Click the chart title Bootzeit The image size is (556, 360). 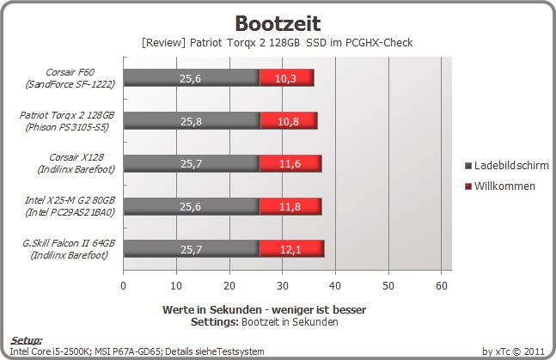click(278, 23)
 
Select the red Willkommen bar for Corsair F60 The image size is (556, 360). click(287, 77)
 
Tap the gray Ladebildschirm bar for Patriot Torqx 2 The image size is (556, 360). click(192, 121)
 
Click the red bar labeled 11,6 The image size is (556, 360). click(290, 163)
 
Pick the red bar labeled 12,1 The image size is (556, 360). click(292, 248)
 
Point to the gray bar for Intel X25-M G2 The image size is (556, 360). click(192, 206)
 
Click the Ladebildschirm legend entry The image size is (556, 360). click(507, 165)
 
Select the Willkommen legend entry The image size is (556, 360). click(500, 186)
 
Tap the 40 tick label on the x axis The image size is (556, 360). click(335, 285)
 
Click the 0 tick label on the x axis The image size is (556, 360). click(124, 285)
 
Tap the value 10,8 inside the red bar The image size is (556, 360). click(288, 122)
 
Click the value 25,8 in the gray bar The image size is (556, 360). click(191, 122)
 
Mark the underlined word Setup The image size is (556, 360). click(27, 340)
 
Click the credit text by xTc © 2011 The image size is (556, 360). click(513, 351)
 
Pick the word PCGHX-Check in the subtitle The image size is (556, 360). click(379, 43)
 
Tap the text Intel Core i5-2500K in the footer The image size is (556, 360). click(51, 351)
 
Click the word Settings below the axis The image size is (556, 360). click(214, 322)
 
